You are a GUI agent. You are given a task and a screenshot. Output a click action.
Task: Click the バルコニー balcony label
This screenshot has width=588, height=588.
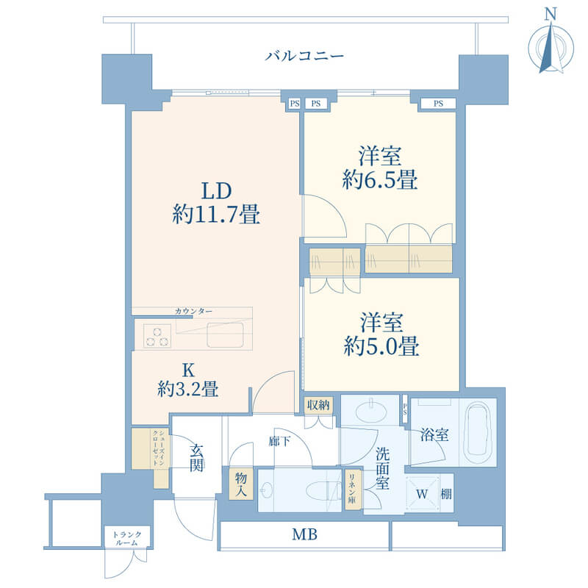304,57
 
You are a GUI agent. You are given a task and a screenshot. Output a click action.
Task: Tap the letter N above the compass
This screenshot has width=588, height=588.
550,14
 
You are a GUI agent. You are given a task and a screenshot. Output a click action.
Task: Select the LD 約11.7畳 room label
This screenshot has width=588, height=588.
216,204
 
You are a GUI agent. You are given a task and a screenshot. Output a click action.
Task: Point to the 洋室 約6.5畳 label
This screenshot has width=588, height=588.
380,168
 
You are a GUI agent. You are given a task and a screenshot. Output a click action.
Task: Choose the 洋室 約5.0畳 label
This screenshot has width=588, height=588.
381,334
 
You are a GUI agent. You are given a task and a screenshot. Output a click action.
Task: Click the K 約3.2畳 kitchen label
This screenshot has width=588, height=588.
188,380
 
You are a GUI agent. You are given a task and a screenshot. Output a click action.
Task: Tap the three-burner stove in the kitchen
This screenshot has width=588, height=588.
157,336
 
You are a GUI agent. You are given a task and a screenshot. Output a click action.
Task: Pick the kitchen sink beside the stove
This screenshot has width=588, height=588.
226,335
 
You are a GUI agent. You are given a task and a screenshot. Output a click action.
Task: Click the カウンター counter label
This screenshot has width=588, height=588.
193,311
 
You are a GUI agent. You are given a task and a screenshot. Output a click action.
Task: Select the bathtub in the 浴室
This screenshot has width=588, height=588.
477,432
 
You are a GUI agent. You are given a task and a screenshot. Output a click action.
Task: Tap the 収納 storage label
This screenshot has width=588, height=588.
318,405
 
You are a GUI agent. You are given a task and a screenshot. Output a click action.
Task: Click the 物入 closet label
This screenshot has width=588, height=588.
241,484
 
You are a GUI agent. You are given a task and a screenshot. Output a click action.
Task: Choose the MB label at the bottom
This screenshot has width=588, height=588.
304,534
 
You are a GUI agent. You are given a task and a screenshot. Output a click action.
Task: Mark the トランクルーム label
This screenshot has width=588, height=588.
127,538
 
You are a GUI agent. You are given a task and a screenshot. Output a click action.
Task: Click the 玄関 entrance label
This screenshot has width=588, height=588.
196,458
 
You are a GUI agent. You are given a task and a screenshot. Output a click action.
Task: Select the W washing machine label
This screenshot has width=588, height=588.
422,494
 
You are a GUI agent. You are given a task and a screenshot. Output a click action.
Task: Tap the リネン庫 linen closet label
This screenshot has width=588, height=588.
353,489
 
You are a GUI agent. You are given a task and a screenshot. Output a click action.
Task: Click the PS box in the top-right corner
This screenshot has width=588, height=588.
438,103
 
